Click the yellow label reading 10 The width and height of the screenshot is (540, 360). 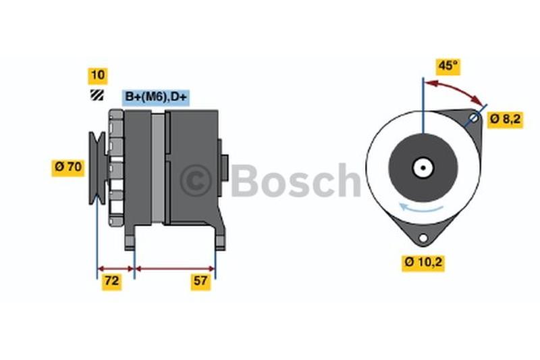point(98,76)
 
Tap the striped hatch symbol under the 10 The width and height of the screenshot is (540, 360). point(97,95)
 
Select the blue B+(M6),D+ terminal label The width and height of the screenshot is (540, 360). point(156,97)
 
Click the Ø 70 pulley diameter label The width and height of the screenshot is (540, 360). point(68,168)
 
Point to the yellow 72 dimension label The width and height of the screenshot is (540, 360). point(111,282)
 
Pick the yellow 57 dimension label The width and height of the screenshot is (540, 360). point(200,282)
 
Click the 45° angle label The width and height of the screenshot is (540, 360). point(448,66)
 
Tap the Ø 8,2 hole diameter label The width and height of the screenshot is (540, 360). point(505,120)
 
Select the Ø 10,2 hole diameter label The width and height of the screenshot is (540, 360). point(423,263)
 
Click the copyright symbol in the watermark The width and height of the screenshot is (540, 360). point(195,180)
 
